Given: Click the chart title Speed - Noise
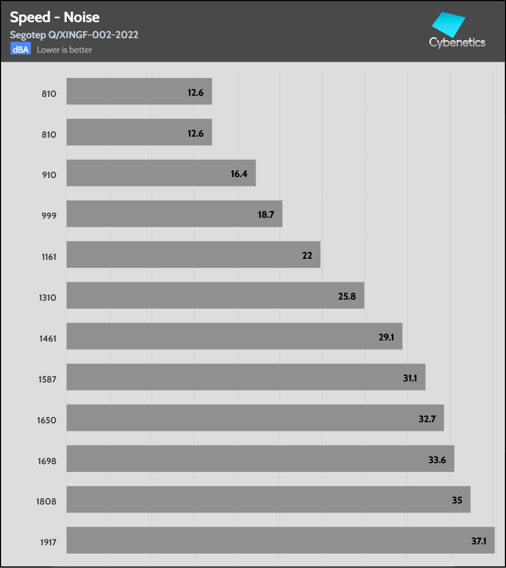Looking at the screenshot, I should point(54,17).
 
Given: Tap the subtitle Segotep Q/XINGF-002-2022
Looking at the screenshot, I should point(74,35).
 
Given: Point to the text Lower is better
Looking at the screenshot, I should point(65,50).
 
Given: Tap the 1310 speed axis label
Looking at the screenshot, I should point(48,297).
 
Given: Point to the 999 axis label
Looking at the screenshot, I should point(49,216).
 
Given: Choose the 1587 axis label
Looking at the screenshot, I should point(48,379).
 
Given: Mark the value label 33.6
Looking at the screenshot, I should point(437,459).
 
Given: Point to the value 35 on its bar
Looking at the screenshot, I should point(457,500).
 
